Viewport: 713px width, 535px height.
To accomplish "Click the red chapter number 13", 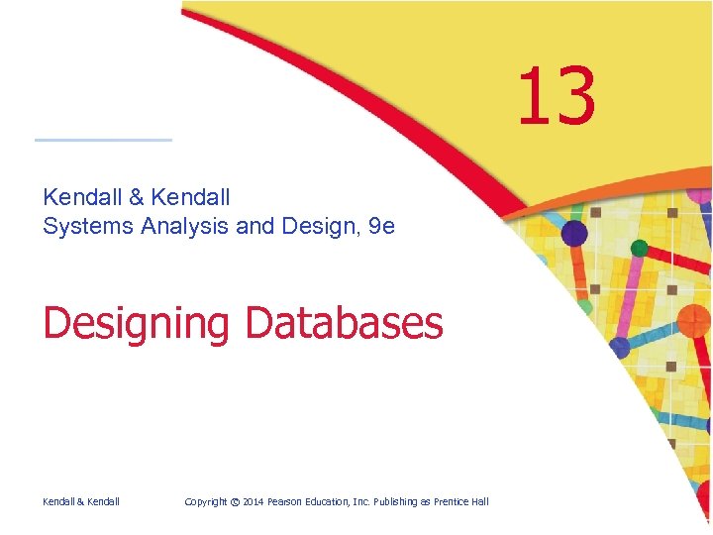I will click(x=557, y=97).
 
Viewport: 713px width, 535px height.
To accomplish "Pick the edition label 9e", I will click(x=380, y=226).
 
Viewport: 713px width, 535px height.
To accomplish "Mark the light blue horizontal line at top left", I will click(x=103, y=140).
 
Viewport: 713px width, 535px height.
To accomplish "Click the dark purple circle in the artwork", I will click(x=574, y=234).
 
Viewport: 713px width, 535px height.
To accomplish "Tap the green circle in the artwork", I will click(x=640, y=247).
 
